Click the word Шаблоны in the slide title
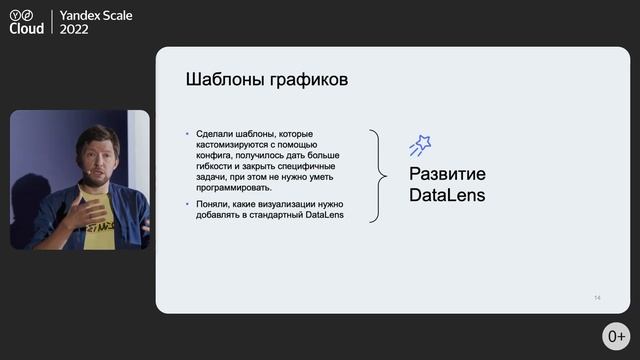pyautogui.click(x=219, y=79)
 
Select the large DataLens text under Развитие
pyautogui.click(x=447, y=196)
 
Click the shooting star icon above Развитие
pyautogui.click(x=420, y=146)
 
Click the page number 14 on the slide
pyautogui.click(x=597, y=298)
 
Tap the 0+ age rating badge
pyautogui.click(x=616, y=336)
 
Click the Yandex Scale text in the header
pyautogui.click(x=96, y=16)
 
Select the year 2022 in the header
pyautogui.click(x=74, y=30)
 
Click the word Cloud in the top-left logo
pyautogui.click(x=26, y=30)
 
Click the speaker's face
pyautogui.click(x=98, y=154)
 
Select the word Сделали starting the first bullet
pyautogui.click(x=214, y=134)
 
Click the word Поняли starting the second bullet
pyautogui.click(x=212, y=203)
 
